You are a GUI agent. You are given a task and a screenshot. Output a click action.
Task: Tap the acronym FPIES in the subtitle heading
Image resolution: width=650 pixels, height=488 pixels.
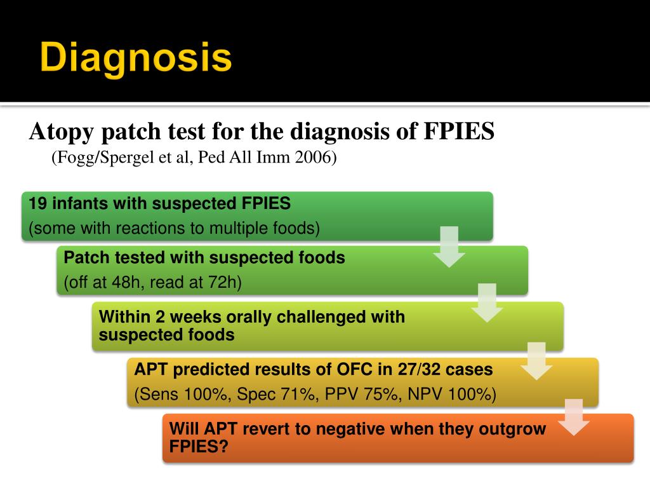[x=458, y=132]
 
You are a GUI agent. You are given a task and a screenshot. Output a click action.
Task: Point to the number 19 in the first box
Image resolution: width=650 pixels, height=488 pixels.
[x=37, y=203]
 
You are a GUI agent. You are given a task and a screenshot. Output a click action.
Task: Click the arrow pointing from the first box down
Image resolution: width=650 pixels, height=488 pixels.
[x=449, y=247]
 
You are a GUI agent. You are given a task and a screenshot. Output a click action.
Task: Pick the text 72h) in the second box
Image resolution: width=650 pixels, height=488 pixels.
[x=225, y=282]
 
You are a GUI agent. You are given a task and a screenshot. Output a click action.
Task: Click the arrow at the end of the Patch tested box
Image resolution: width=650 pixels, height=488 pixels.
[x=487, y=302]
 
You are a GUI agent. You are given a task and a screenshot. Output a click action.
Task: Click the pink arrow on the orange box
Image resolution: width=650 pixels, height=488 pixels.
[x=573, y=417]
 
